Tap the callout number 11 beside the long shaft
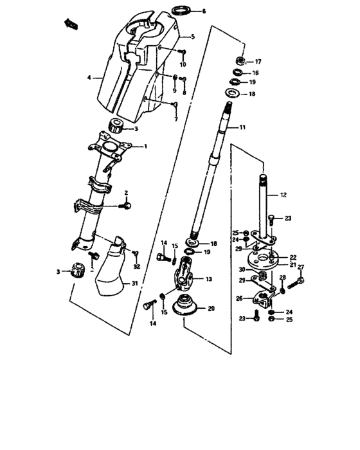tap(243, 128)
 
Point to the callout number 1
tap(145, 147)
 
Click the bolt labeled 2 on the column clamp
tap(127, 205)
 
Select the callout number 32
tap(136, 267)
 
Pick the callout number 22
tap(292, 256)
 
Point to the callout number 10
tap(183, 65)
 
